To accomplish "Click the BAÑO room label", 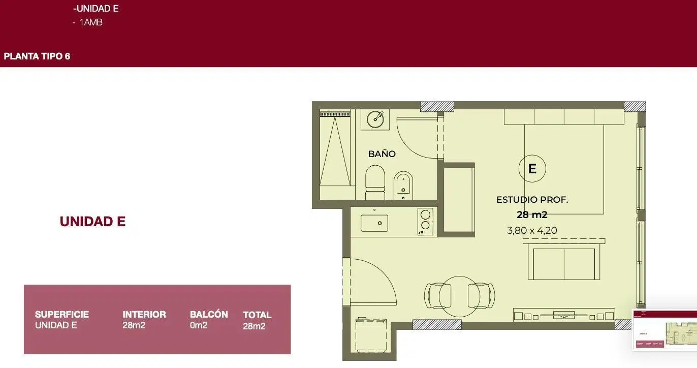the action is [x=382, y=154].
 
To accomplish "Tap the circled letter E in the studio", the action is [x=532, y=168].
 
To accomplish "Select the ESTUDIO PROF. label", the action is [x=532, y=200].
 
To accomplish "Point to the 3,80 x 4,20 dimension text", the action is [x=532, y=230].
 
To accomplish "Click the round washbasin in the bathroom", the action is [x=375, y=119].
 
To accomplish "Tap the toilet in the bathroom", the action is [x=375, y=182].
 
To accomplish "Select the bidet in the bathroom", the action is [x=403, y=186].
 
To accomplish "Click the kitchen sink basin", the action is [x=374, y=223].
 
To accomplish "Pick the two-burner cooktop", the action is [x=425, y=222].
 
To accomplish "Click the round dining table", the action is [x=460, y=296].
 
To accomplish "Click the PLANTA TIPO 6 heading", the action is [x=37, y=56].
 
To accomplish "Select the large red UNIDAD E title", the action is [x=92, y=222].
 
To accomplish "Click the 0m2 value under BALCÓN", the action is [x=199, y=325].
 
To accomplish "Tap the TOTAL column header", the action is [x=257, y=315].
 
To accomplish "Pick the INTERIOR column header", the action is [x=144, y=315].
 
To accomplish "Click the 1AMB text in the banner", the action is [x=90, y=22].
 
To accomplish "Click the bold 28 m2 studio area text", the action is [x=532, y=214].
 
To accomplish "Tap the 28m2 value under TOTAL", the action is [x=254, y=326].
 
